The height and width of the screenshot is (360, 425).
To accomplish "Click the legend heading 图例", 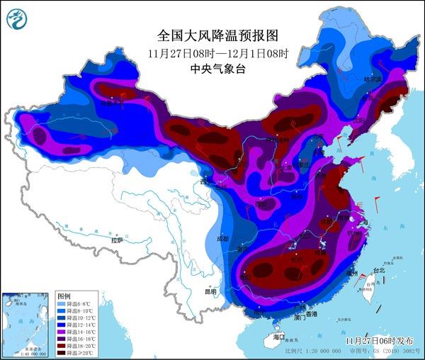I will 64,295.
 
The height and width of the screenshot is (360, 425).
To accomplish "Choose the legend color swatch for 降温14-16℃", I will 62,330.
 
